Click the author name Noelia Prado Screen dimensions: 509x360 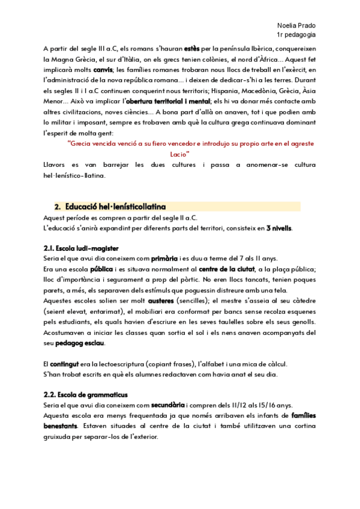pyautogui.click(x=297, y=26)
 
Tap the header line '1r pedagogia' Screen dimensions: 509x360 pyautogui.click(x=297, y=35)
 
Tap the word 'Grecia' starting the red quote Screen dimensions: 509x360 pyautogui.click(x=82, y=144)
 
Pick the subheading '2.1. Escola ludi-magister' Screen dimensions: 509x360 pyautogui.click(x=81, y=248)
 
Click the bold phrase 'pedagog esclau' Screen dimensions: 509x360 pyautogui.click(x=79, y=343)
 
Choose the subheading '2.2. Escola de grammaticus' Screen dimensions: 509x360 pyautogui.click(x=84, y=395)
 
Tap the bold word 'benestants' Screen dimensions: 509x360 pyautogui.click(x=61, y=426)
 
